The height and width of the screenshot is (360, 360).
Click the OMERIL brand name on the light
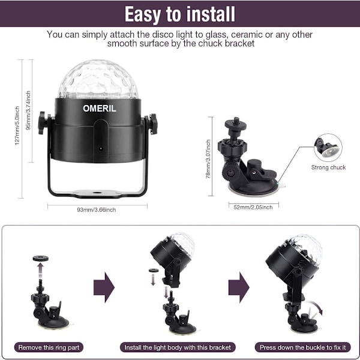(100, 109)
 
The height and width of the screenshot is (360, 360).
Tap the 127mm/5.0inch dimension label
(17, 125)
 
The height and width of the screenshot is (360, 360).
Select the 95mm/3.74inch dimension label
(28, 110)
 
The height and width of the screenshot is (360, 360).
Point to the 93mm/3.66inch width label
(97, 209)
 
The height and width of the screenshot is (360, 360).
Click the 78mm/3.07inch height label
(208, 159)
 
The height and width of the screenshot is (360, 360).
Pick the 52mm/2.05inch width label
(253, 208)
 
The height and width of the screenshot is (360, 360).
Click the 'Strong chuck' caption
(328, 167)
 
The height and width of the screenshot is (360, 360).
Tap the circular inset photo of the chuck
(328, 148)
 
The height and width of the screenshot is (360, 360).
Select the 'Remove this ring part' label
(49, 347)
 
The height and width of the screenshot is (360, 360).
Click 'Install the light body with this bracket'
(178, 347)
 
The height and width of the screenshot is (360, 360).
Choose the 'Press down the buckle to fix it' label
(303, 347)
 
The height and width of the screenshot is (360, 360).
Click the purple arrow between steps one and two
(104, 287)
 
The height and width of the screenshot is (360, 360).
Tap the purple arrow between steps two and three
(239, 287)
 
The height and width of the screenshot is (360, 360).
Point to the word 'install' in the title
(211, 14)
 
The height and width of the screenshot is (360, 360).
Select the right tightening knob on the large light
(152, 124)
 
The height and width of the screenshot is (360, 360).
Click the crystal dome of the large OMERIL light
(98, 79)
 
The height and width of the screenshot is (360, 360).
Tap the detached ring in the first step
(41, 258)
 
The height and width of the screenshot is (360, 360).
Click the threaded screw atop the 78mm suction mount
(235, 121)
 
